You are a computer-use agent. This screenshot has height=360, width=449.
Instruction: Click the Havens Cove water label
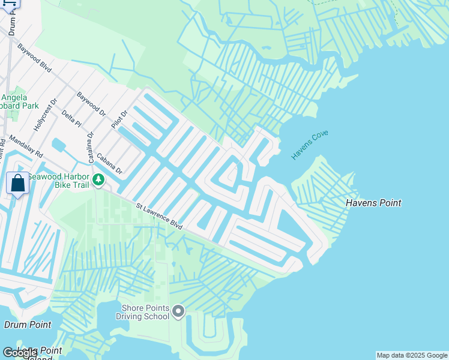click(x=310, y=145)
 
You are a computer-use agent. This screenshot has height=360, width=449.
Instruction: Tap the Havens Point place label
click(x=373, y=203)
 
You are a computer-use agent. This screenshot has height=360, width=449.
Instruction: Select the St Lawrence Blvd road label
click(x=159, y=215)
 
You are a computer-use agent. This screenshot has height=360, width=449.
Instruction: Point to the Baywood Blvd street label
click(x=35, y=58)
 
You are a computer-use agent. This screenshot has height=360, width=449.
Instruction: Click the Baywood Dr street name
click(x=91, y=104)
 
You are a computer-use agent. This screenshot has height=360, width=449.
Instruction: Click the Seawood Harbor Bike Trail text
click(x=59, y=181)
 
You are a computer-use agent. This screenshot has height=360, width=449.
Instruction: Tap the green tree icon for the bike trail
click(x=98, y=179)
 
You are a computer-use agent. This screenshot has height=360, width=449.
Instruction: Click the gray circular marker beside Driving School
click(x=178, y=311)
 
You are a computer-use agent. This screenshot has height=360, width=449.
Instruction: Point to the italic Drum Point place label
click(x=28, y=325)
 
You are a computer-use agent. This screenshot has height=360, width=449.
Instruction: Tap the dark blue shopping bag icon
click(x=17, y=183)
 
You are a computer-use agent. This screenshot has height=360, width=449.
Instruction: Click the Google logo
click(x=20, y=353)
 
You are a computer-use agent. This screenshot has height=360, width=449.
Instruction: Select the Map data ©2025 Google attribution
click(x=412, y=355)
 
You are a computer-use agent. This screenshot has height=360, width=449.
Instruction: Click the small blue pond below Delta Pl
click(x=59, y=145)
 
